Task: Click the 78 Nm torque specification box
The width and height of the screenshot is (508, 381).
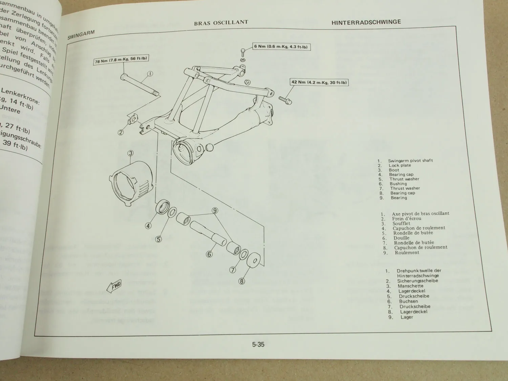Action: pyautogui.click(x=121, y=60)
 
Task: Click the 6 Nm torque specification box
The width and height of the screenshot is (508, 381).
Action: pyautogui.click(x=282, y=46)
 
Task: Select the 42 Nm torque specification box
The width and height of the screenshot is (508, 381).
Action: pyautogui.click(x=319, y=82)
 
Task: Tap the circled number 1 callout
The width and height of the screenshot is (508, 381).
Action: pyautogui.click(x=150, y=73)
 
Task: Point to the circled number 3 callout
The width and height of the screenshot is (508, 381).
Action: pyautogui.click(x=131, y=153)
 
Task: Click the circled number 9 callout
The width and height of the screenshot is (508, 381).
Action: pyautogui.click(x=214, y=211)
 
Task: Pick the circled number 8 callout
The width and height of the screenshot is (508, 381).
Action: pyautogui.click(x=242, y=281)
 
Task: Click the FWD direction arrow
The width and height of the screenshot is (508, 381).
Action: pyautogui.click(x=114, y=286)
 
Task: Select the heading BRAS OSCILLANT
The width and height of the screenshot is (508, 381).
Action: pyautogui.click(x=221, y=23)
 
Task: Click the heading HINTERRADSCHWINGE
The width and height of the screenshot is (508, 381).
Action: pyautogui.click(x=366, y=22)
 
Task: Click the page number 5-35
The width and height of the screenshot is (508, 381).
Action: pyautogui.click(x=258, y=345)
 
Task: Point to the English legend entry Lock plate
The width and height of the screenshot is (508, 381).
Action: pyautogui.click(x=400, y=166)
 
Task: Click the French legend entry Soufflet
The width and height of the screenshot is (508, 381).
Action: pyautogui.click(x=401, y=224)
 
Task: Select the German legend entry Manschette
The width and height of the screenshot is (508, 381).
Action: pyautogui.click(x=410, y=286)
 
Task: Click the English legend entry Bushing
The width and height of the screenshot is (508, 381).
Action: pyautogui.click(x=398, y=184)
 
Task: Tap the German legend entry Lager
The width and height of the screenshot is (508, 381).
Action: pyautogui.click(x=406, y=317)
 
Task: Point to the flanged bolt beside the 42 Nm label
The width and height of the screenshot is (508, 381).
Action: pyautogui.click(x=285, y=100)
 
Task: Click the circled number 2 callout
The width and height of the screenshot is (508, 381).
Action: pyautogui.click(x=121, y=132)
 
